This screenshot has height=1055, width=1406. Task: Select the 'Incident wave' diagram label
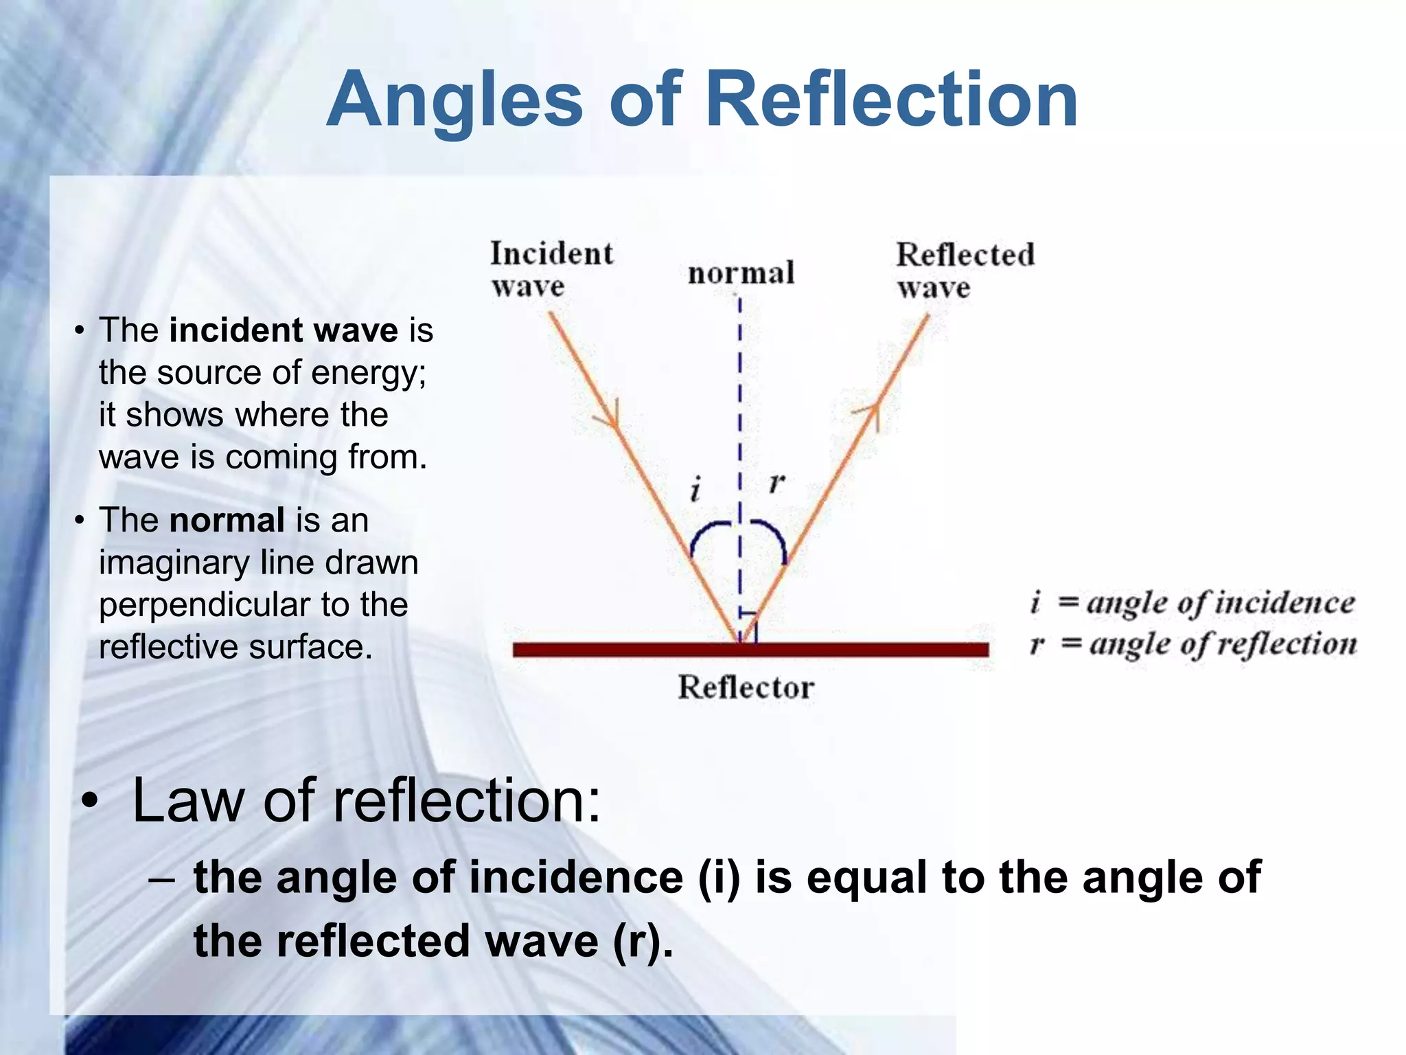550,269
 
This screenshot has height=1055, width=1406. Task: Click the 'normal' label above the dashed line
741,273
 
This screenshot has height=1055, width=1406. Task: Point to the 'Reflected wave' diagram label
964,270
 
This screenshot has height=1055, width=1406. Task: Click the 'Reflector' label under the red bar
746,688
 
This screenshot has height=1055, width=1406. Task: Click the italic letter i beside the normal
695,490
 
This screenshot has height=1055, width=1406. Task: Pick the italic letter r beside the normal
776,483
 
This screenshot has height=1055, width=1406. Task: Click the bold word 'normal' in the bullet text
227,520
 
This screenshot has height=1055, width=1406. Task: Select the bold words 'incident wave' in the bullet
284,330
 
